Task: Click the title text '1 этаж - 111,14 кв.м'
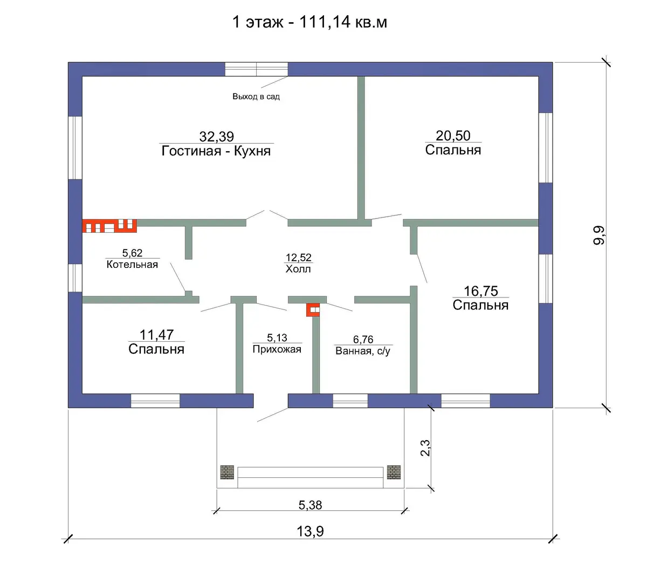coord(309,22)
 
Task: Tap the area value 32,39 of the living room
coord(217,137)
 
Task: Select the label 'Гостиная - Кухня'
coord(216,151)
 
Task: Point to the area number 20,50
coord(453,136)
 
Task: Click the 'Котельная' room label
coord(132,265)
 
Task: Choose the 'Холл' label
coord(298,269)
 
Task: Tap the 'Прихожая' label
coord(277,349)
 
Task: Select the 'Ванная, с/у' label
coord(363,351)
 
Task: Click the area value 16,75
coord(481,291)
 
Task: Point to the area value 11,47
coord(156,335)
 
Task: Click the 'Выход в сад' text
coord(256,97)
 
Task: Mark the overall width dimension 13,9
coord(310,531)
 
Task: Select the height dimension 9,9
coord(599,235)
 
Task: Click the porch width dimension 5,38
coord(310,505)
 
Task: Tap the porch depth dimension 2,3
coord(425,448)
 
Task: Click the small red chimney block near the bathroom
coord(313,310)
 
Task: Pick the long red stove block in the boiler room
coord(109,226)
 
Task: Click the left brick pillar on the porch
coord(227,472)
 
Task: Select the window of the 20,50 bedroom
coord(546,147)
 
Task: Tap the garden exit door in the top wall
coord(256,69)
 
